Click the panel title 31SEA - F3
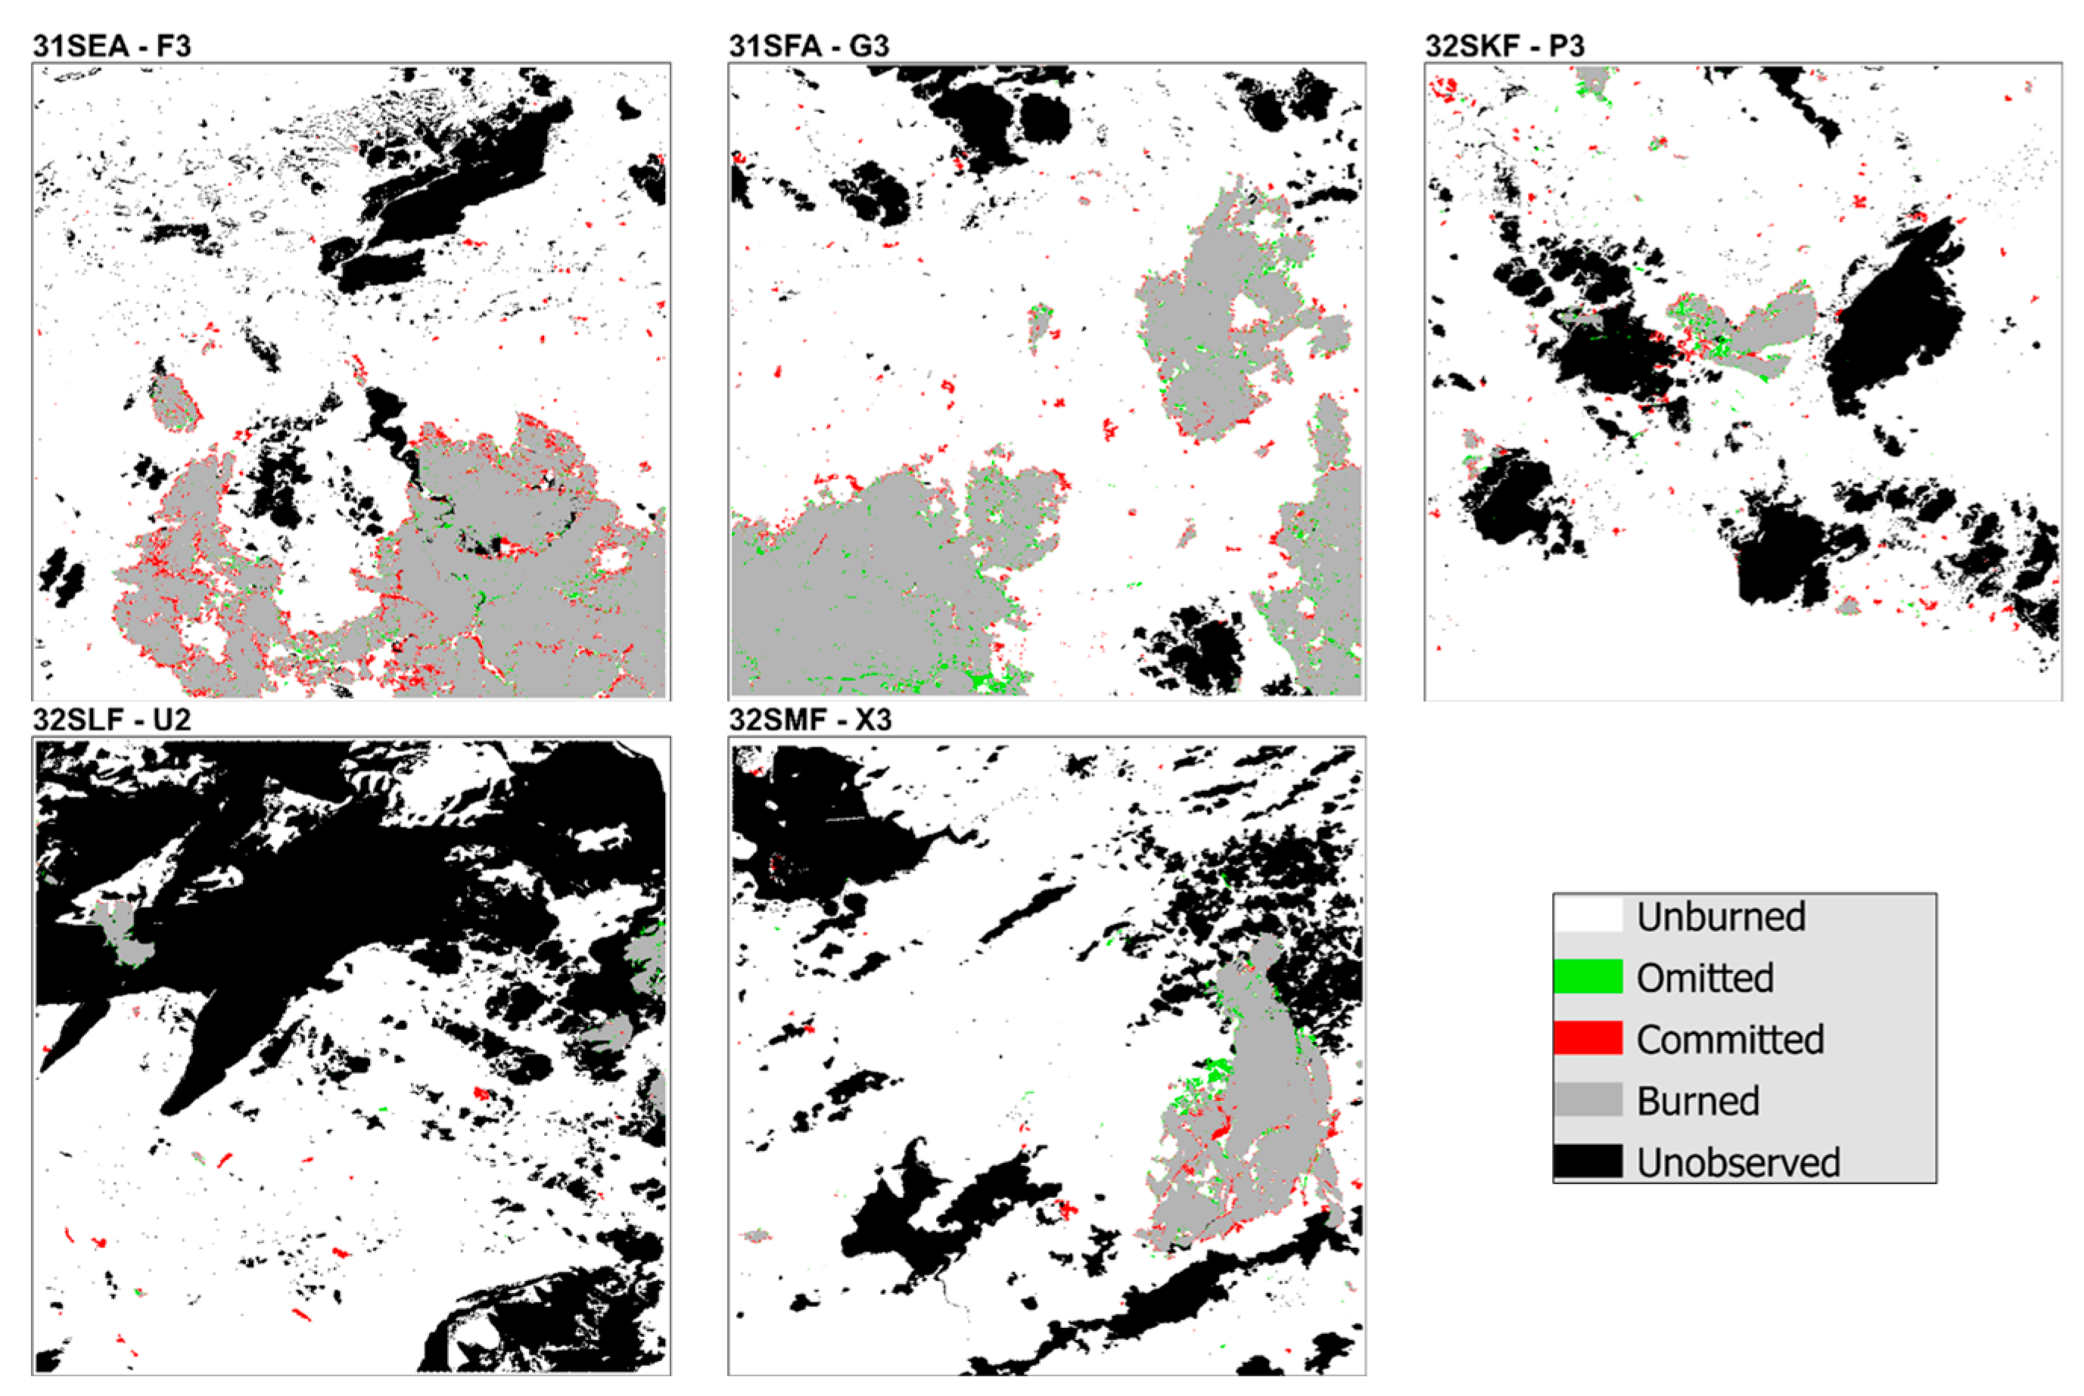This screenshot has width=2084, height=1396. (x=112, y=45)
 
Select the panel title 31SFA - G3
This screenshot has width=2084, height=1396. (x=809, y=45)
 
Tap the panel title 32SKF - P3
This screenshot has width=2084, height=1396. (x=1504, y=45)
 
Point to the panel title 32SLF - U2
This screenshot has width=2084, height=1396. (x=112, y=719)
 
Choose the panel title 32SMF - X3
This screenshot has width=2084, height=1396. (x=810, y=719)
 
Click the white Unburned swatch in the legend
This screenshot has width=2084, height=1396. (x=1588, y=916)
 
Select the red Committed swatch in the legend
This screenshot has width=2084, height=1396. (x=1588, y=1039)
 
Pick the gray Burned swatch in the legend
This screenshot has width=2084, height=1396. (x=1588, y=1100)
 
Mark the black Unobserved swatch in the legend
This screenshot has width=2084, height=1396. (x=1588, y=1162)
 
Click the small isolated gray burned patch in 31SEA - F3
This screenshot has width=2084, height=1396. (x=174, y=402)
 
